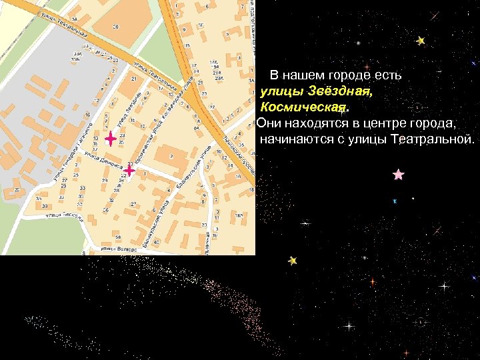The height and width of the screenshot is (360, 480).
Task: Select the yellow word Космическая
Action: click(303, 107)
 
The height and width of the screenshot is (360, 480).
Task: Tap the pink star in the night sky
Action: click(398, 175)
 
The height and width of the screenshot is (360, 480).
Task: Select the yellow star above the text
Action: click(421, 41)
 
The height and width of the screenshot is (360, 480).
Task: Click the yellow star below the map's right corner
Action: click(292, 261)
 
